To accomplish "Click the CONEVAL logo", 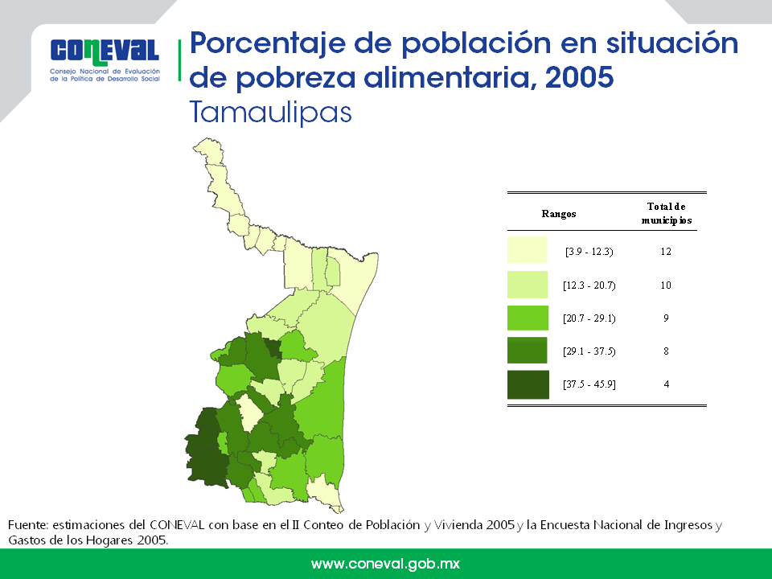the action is pos(105,60).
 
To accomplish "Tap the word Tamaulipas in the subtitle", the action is pos(271,113).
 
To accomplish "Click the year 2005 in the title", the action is pos(580,77).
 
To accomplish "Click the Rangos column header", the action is pos(559,214).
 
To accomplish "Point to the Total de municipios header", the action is pos(666,213).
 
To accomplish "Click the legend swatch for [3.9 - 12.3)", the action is pos(528,249).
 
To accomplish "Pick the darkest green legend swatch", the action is pos(528,384).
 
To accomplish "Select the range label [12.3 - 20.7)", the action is pos(589,285).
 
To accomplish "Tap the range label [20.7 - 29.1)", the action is pos(589,318).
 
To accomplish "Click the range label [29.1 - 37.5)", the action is pos(589,351).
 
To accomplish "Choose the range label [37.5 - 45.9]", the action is pos(589,384).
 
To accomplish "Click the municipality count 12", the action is pos(666,252).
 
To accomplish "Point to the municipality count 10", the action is pos(666,285).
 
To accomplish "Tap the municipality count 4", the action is pos(666,384).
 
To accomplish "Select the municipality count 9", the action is pos(666,318).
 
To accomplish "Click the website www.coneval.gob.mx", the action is pos(385,564).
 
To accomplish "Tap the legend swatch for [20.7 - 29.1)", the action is pos(528,318).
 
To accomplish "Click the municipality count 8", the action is pos(666,351).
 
